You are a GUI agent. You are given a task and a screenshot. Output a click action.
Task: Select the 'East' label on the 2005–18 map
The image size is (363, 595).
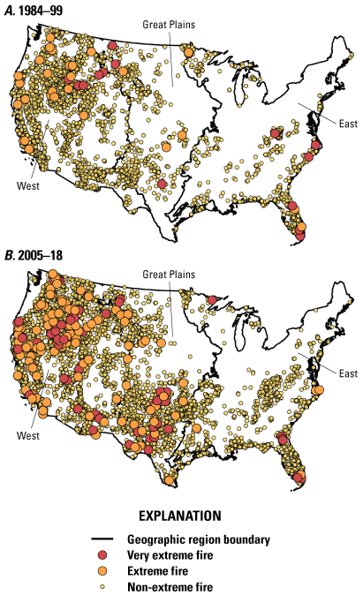(x=324, y=373)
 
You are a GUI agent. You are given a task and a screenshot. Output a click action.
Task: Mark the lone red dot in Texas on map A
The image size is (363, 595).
(x=162, y=184)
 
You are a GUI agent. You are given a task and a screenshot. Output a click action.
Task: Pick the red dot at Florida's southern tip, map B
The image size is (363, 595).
(x=299, y=478)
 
